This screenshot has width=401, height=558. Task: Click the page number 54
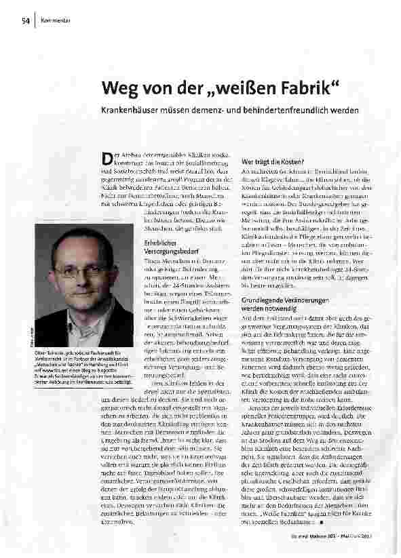pos(24,20)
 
